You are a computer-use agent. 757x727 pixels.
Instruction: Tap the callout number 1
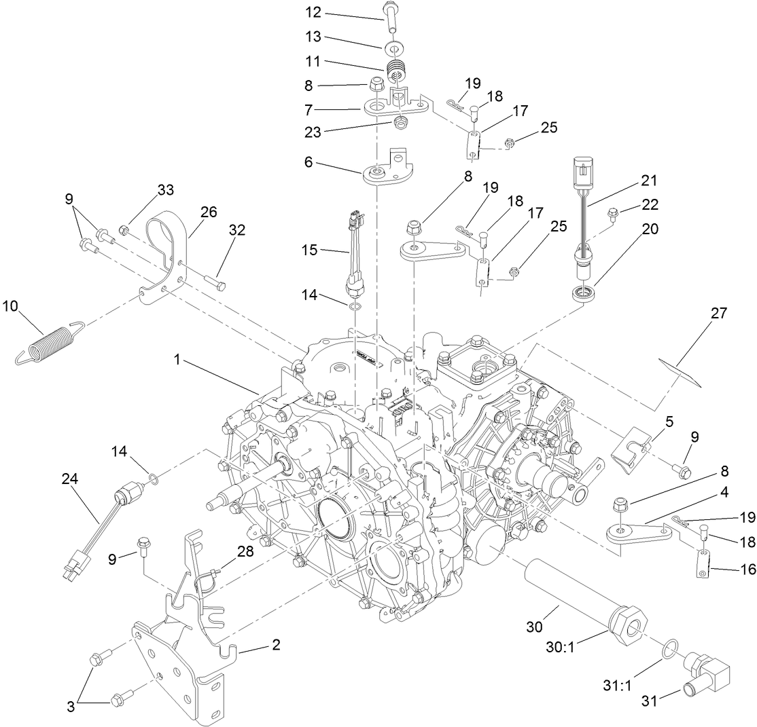tap(177, 360)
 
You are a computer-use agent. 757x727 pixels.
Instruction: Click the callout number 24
tap(69, 479)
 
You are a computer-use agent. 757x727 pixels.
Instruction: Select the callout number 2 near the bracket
tap(275, 644)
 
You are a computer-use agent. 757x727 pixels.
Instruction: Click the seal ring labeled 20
tap(583, 294)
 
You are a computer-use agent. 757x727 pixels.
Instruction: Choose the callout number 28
tap(245, 551)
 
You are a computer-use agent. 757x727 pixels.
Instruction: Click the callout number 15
tap(311, 251)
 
